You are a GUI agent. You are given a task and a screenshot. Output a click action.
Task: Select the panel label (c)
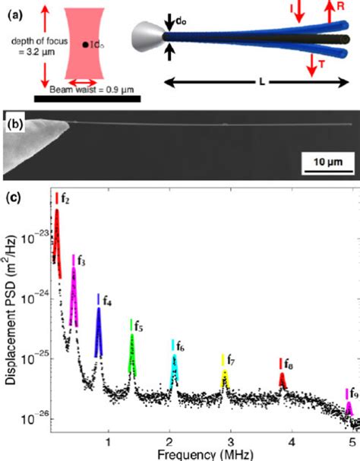13,197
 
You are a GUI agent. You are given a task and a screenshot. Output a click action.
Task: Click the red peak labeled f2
57,235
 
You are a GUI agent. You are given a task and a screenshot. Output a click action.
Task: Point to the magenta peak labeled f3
74,296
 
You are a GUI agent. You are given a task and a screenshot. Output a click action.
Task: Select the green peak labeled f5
132,355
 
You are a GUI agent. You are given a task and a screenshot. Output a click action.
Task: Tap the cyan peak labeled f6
174,369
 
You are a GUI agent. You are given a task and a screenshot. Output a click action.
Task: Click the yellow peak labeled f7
224,377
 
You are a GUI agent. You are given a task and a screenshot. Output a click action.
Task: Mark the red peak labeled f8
283,380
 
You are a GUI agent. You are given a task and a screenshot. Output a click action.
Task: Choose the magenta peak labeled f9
349,409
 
